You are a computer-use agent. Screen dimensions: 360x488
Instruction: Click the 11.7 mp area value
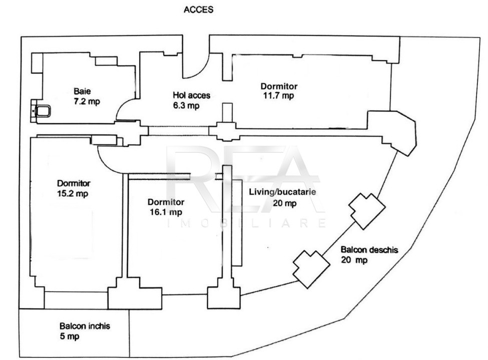(x=278, y=95)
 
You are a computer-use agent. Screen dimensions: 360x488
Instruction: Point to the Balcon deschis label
(x=369, y=250)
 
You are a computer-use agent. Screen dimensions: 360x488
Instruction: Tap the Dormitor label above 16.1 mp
(x=166, y=202)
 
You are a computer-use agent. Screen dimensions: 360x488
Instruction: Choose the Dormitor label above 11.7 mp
(x=279, y=86)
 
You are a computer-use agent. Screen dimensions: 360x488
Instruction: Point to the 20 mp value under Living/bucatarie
(x=284, y=203)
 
